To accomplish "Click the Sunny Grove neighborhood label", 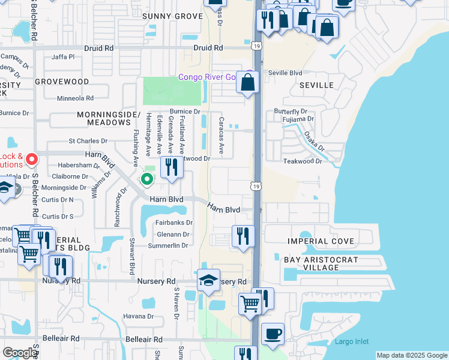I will (172, 16).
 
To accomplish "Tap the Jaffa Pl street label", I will (63, 57).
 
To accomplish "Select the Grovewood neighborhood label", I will (62, 81).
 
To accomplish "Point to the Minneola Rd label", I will (75, 98).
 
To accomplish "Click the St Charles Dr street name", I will (88, 141).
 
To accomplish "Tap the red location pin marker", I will (32, 160).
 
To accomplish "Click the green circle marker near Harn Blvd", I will (146, 179).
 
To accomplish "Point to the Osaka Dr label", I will (313, 142).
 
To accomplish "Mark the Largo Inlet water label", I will (352, 342).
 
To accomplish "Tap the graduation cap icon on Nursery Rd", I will (208, 280).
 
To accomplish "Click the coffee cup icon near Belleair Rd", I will (273, 333).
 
